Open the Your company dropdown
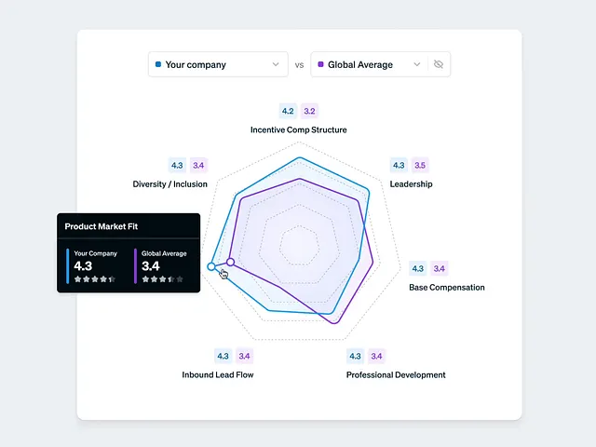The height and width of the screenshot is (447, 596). [218, 64]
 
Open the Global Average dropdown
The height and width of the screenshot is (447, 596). [369, 64]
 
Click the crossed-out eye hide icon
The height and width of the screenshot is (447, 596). [439, 64]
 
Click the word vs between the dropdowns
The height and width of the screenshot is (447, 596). [299, 65]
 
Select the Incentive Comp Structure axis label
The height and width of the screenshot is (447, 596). [298, 129]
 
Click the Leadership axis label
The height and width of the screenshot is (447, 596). [411, 184]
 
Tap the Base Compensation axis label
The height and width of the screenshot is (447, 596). [447, 288]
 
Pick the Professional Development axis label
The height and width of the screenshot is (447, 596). [396, 375]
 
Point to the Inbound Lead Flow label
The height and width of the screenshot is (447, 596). [218, 375]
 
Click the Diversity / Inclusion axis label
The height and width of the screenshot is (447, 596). [170, 184]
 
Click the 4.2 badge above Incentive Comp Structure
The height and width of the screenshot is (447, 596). [288, 111]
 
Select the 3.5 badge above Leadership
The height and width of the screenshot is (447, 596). [420, 166]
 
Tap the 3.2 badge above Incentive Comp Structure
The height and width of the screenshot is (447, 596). [310, 111]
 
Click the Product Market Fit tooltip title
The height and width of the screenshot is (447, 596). [102, 226]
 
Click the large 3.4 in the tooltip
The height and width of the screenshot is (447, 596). [152, 265]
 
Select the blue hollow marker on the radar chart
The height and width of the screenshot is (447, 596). [211, 267]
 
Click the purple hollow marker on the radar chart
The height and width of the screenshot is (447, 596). [231, 263]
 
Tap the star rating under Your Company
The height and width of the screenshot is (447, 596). [95, 279]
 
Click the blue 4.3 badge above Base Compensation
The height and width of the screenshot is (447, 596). [418, 269]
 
